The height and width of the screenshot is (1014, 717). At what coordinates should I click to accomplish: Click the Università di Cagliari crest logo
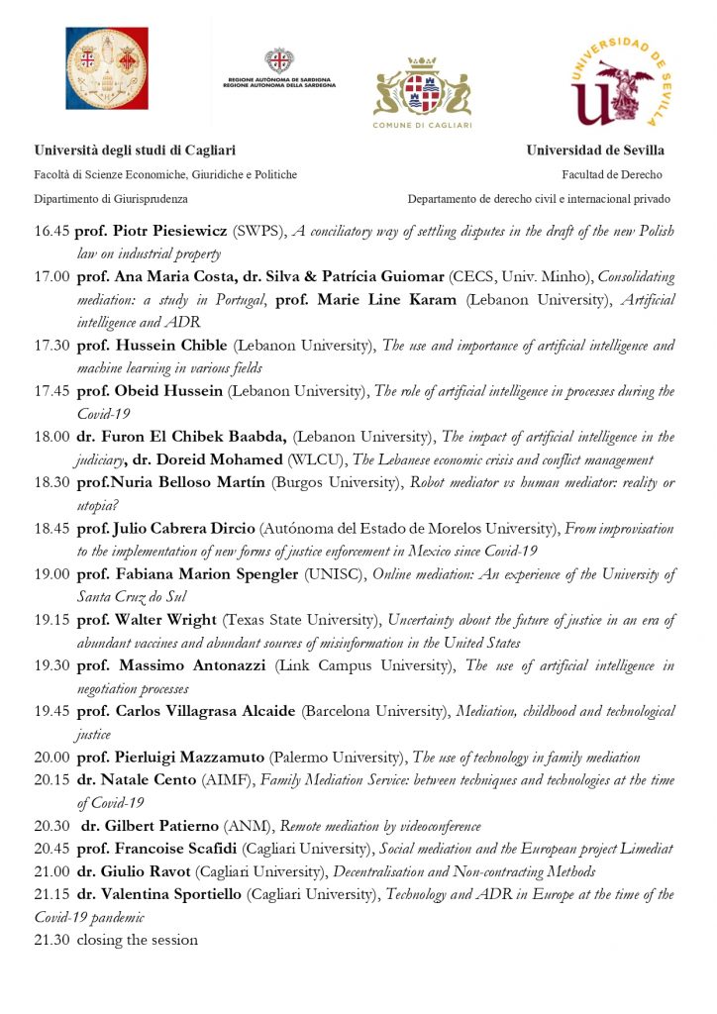tap(106, 67)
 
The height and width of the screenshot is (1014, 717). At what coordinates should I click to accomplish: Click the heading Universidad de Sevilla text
tap(595, 151)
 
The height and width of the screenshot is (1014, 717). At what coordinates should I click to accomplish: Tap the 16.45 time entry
tap(51, 231)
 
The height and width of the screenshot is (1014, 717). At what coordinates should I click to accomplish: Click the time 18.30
tap(51, 482)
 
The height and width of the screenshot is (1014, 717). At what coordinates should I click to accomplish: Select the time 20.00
tap(51, 758)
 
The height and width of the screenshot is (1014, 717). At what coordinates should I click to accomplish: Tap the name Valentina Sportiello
tap(163, 894)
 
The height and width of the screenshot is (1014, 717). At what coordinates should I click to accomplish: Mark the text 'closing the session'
tap(137, 940)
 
